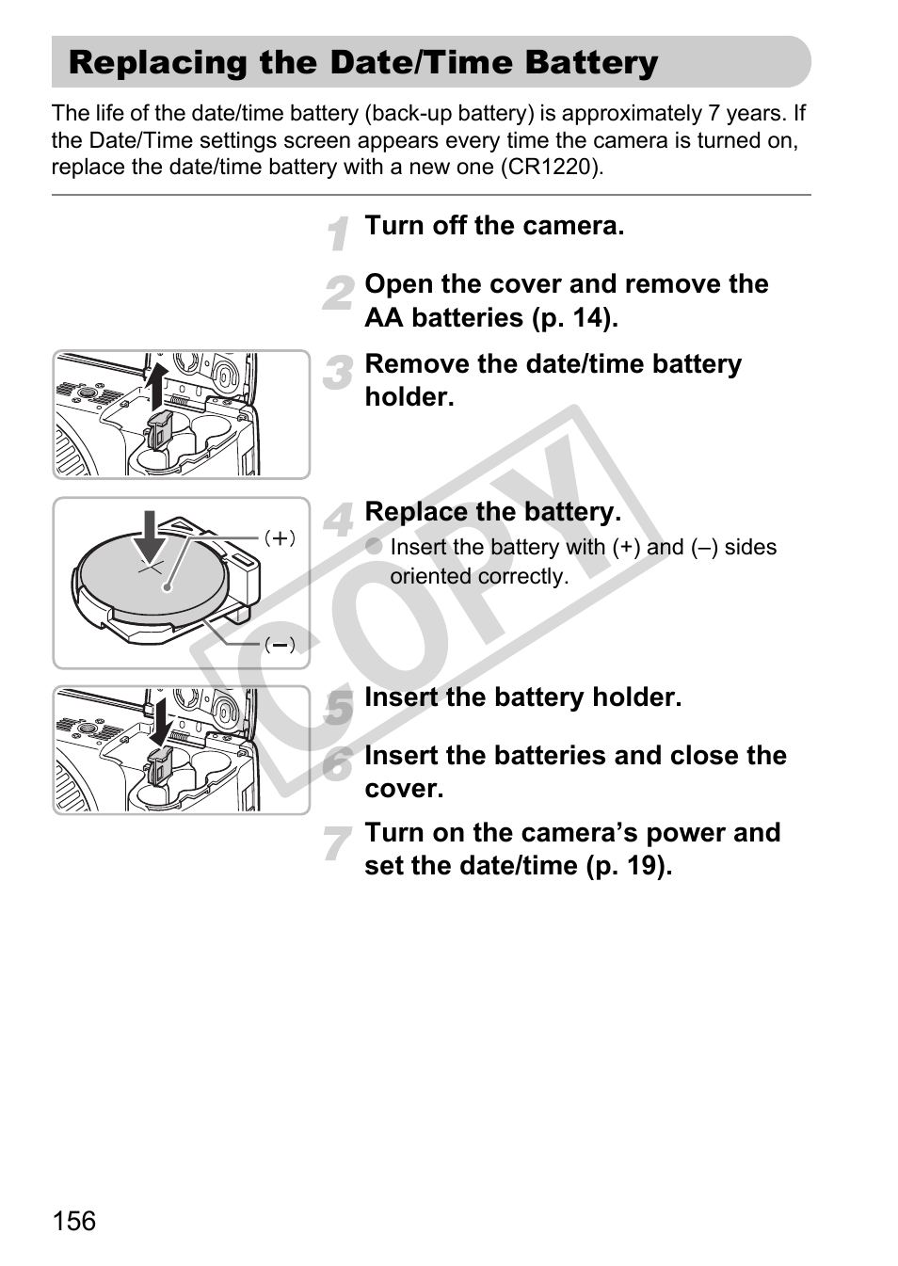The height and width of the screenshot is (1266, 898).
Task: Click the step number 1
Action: tap(339, 232)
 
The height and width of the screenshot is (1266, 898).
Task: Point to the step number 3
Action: tap(338, 373)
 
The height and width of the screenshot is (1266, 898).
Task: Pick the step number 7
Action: tap(337, 842)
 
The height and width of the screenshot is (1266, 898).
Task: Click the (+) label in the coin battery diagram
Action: tap(280, 538)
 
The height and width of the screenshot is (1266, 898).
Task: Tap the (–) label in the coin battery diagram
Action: tap(280, 645)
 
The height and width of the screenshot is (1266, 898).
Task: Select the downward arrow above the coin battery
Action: tap(150, 537)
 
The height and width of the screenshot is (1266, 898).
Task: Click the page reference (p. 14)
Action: tap(575, 317)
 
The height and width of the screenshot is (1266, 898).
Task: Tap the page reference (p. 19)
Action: tap(629, 866)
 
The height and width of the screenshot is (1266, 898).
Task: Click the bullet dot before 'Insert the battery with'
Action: tap(374, 546)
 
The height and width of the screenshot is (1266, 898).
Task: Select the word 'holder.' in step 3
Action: tap(409, 397)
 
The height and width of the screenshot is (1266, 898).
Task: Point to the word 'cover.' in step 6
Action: tap(404, 789)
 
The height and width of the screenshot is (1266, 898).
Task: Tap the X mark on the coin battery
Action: tap(151, 568)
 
